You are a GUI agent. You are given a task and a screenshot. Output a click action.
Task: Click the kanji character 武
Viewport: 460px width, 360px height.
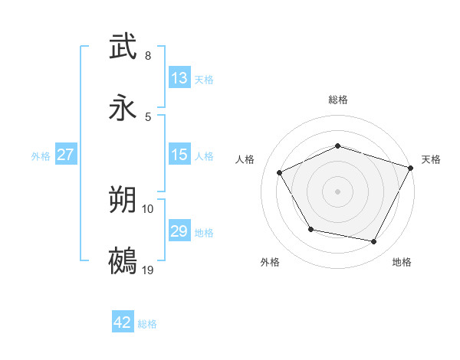pyautogui.click(x=124, y=47)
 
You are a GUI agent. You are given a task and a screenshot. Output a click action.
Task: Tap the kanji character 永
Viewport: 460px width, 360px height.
pyautogui.click(x=124, y=108)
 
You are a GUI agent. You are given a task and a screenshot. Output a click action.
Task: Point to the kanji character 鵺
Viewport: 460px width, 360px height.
pyautogui.click(x=124, y=261)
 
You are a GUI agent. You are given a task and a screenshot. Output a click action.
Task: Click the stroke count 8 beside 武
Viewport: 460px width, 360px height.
pyautogui.click(x=148, y=56)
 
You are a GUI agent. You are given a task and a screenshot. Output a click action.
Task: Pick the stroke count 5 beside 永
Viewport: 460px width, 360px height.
pyautogui.click(x=148, y=116)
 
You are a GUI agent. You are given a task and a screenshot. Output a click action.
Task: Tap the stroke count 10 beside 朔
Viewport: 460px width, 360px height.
pyautogui.click(x=148, y=208)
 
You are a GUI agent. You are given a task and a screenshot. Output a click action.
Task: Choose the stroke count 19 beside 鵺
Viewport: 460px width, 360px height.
pyautogui.click(x=148, y=270)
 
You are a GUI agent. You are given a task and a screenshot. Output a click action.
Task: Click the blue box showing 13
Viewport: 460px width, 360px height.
pyautogui.click(x=179, y=78)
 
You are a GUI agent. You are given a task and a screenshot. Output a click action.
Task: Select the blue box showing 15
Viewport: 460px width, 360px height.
pyautogui.click(x=179, y=155)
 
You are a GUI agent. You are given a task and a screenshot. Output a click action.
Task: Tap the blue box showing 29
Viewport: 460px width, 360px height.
pyautogui.click(x=179, y=231)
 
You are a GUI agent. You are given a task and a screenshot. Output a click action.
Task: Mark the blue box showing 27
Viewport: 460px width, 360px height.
pyautogui.click(x=65, y=155)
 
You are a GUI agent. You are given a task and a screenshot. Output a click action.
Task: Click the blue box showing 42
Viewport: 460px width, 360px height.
pyautogui.click(x=123, y=322)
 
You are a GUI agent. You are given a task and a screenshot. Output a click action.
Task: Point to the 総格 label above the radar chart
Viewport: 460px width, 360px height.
pyautogui.click(x=338, y=100)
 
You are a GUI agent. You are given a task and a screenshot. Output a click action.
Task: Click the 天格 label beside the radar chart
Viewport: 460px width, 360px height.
pyautogui.click(x=431, y=159)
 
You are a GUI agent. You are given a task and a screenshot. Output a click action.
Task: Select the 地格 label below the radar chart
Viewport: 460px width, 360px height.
pyautogui.click(x=402, y=262)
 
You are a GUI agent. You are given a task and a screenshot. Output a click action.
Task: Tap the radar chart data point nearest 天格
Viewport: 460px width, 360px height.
pyautogui.click(x=411, y=168)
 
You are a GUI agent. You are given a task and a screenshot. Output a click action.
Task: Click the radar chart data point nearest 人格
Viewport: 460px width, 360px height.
pyautogui.click(x=279, y=173)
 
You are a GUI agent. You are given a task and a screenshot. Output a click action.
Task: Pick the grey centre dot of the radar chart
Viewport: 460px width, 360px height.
pyautogui.click(x=337, y=191)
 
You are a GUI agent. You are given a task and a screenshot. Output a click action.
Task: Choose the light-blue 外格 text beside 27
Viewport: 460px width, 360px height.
pyautogui.click(x=41, y=155)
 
